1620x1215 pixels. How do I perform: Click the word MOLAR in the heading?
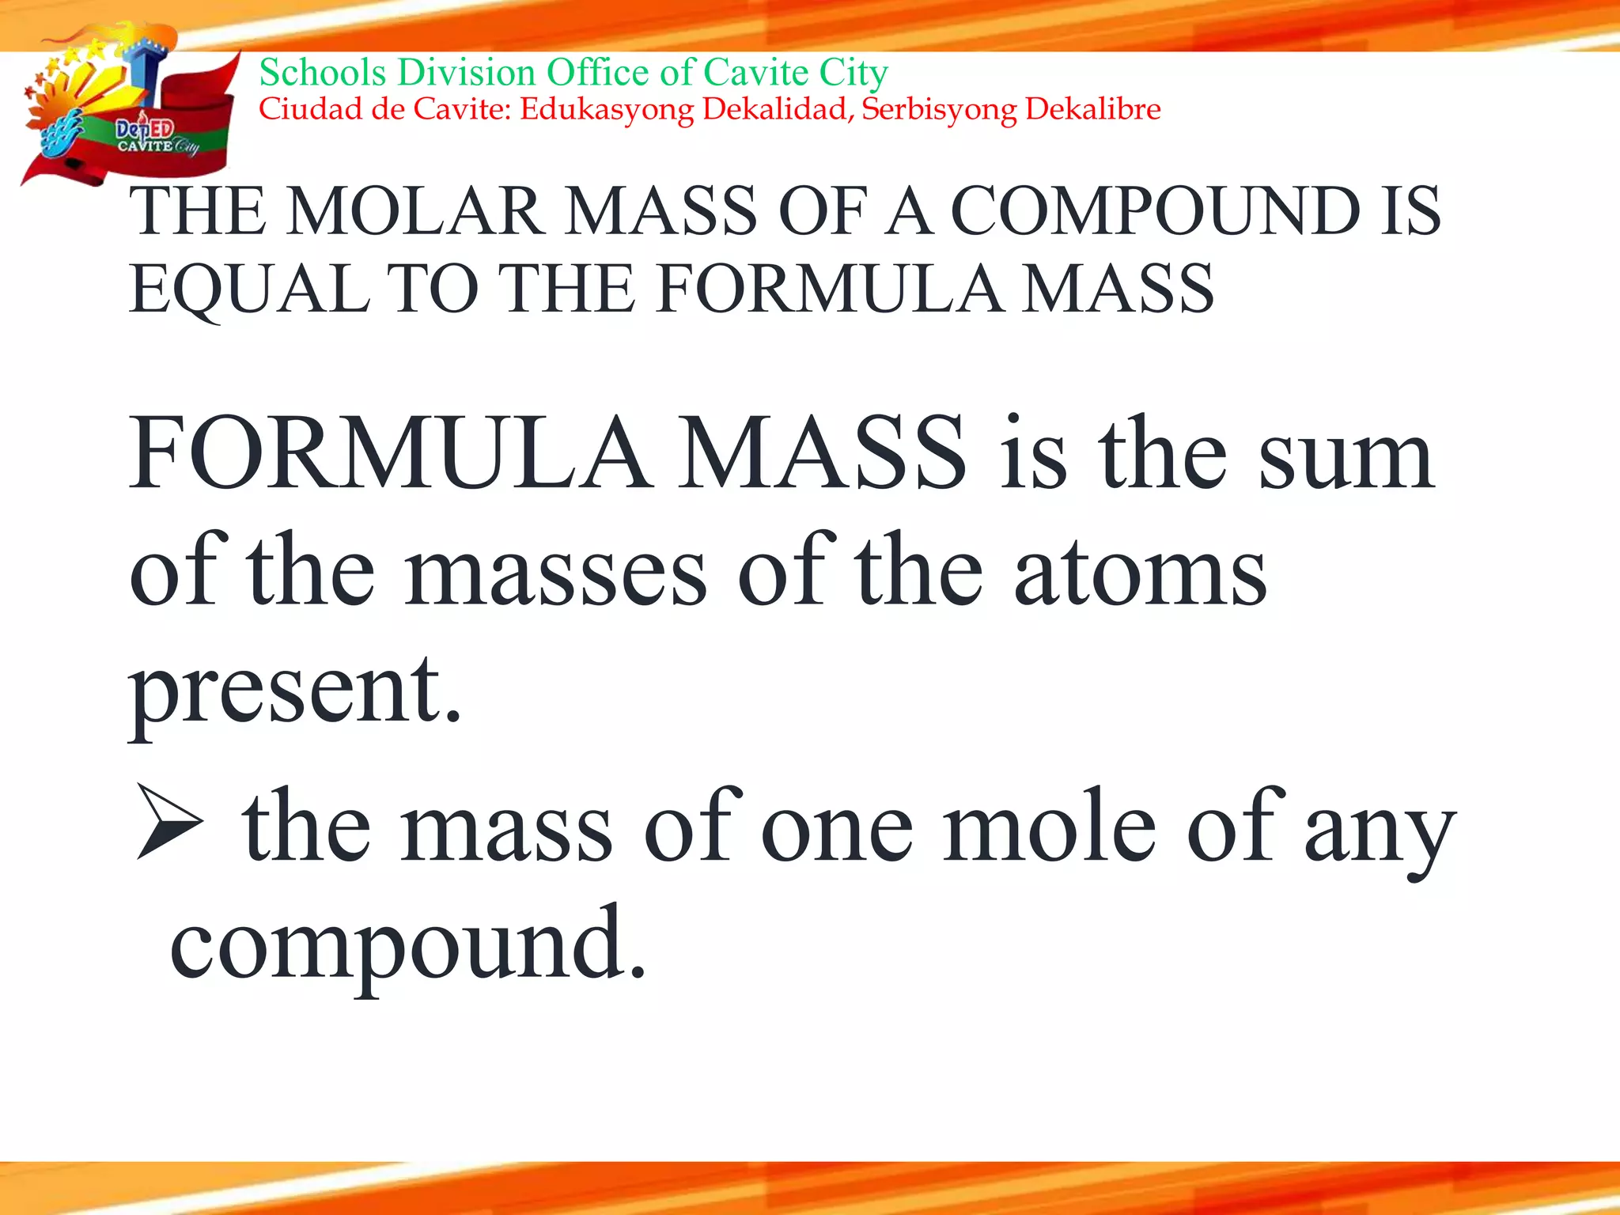414,211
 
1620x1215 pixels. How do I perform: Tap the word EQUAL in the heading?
248,290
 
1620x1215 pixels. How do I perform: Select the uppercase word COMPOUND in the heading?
1155,211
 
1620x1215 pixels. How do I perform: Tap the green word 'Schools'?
323,73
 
